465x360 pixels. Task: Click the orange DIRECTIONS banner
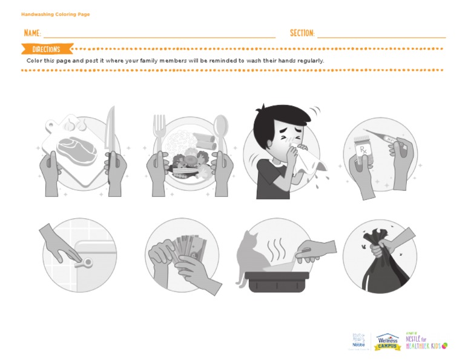click(47, 49)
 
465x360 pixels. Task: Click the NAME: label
click(32, 33)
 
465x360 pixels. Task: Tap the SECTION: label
click(302, 33)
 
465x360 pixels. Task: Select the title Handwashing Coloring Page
click(55, 14)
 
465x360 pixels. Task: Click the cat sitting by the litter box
click(250, 255)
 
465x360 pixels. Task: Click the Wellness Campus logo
click(387, 341)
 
